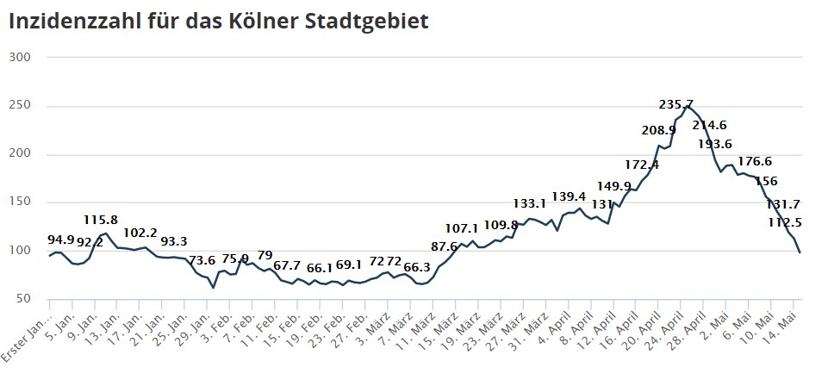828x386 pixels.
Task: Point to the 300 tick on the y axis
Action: click(x=20, y=58)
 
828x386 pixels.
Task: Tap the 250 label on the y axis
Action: click(x=20, y=106)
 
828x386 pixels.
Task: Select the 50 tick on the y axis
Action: click(x=23, y=299)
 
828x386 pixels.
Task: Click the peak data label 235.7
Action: click(x=676, y=104)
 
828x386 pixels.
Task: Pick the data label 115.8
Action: click(x=102, y=221)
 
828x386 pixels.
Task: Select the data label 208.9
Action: click(x=659, y=130)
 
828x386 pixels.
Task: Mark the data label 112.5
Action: click(x=786, y=222)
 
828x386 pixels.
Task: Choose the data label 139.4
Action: click(x=569, y=197)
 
